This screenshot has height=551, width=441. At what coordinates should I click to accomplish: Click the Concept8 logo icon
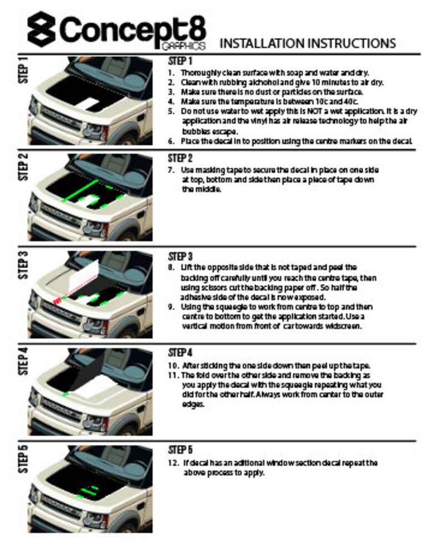[x=41, y=31]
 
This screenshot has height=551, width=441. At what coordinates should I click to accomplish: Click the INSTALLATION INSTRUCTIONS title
[x=308, y=44]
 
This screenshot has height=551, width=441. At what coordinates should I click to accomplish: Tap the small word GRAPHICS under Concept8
[x=185, y=47]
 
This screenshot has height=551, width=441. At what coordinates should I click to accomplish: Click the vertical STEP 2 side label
[x=23, y=167]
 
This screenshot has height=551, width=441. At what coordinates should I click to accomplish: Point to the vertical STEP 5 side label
[x=23, y=458]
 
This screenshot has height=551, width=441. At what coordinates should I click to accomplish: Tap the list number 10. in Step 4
[x=173, y=366]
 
